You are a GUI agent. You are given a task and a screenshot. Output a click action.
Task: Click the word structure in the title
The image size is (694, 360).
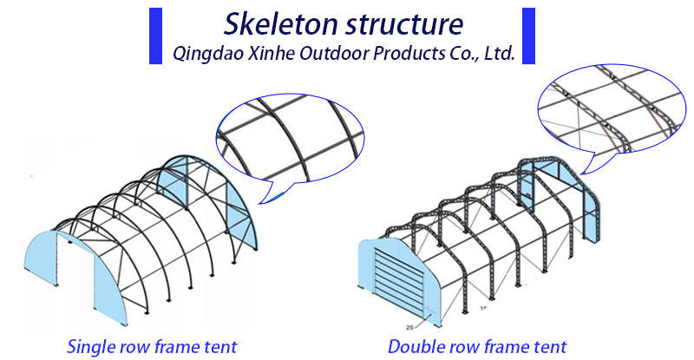click(404, 24)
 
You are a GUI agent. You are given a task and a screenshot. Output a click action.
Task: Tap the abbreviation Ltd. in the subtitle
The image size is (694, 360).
click(500, 53)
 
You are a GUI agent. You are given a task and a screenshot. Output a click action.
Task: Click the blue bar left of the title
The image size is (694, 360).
click(155, 36)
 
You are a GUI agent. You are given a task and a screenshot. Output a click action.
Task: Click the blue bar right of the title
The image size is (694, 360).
click(528, 36)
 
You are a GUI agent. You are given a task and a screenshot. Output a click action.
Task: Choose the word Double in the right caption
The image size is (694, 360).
click(414, 347)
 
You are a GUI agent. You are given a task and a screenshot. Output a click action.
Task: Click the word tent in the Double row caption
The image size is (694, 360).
click(548, 347)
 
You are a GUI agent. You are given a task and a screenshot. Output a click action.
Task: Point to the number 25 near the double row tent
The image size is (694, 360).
click(409, 328)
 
